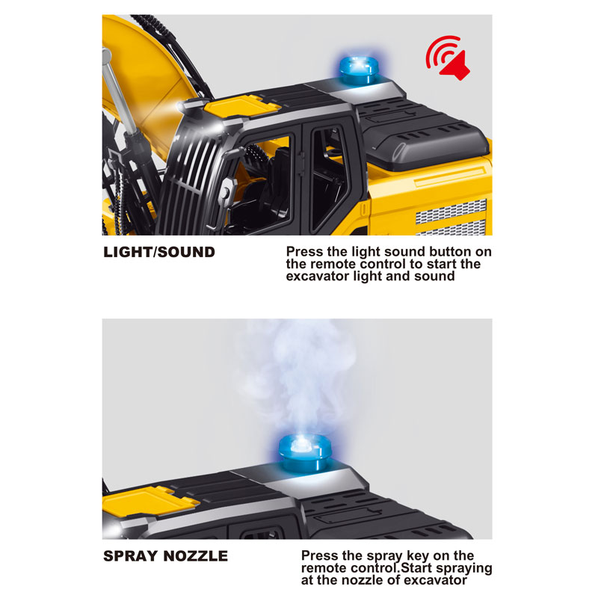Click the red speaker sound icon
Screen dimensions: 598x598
pyautogui.click(x=448, y=58)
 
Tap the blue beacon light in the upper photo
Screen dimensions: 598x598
pyautogui.click(x=359, y=70)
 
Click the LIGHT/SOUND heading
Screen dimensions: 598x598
pyautogui.click(x=159, y=252)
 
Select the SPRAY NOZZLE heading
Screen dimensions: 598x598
pyautogui.click(x=165, y=556)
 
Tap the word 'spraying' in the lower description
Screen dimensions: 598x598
pyautogui.click(x=464, y=569)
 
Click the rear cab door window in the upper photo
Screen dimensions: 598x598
pyautogui.click(x=328, y=179)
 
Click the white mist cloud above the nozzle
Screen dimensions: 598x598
pyautogui.click(x=298, y=377)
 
